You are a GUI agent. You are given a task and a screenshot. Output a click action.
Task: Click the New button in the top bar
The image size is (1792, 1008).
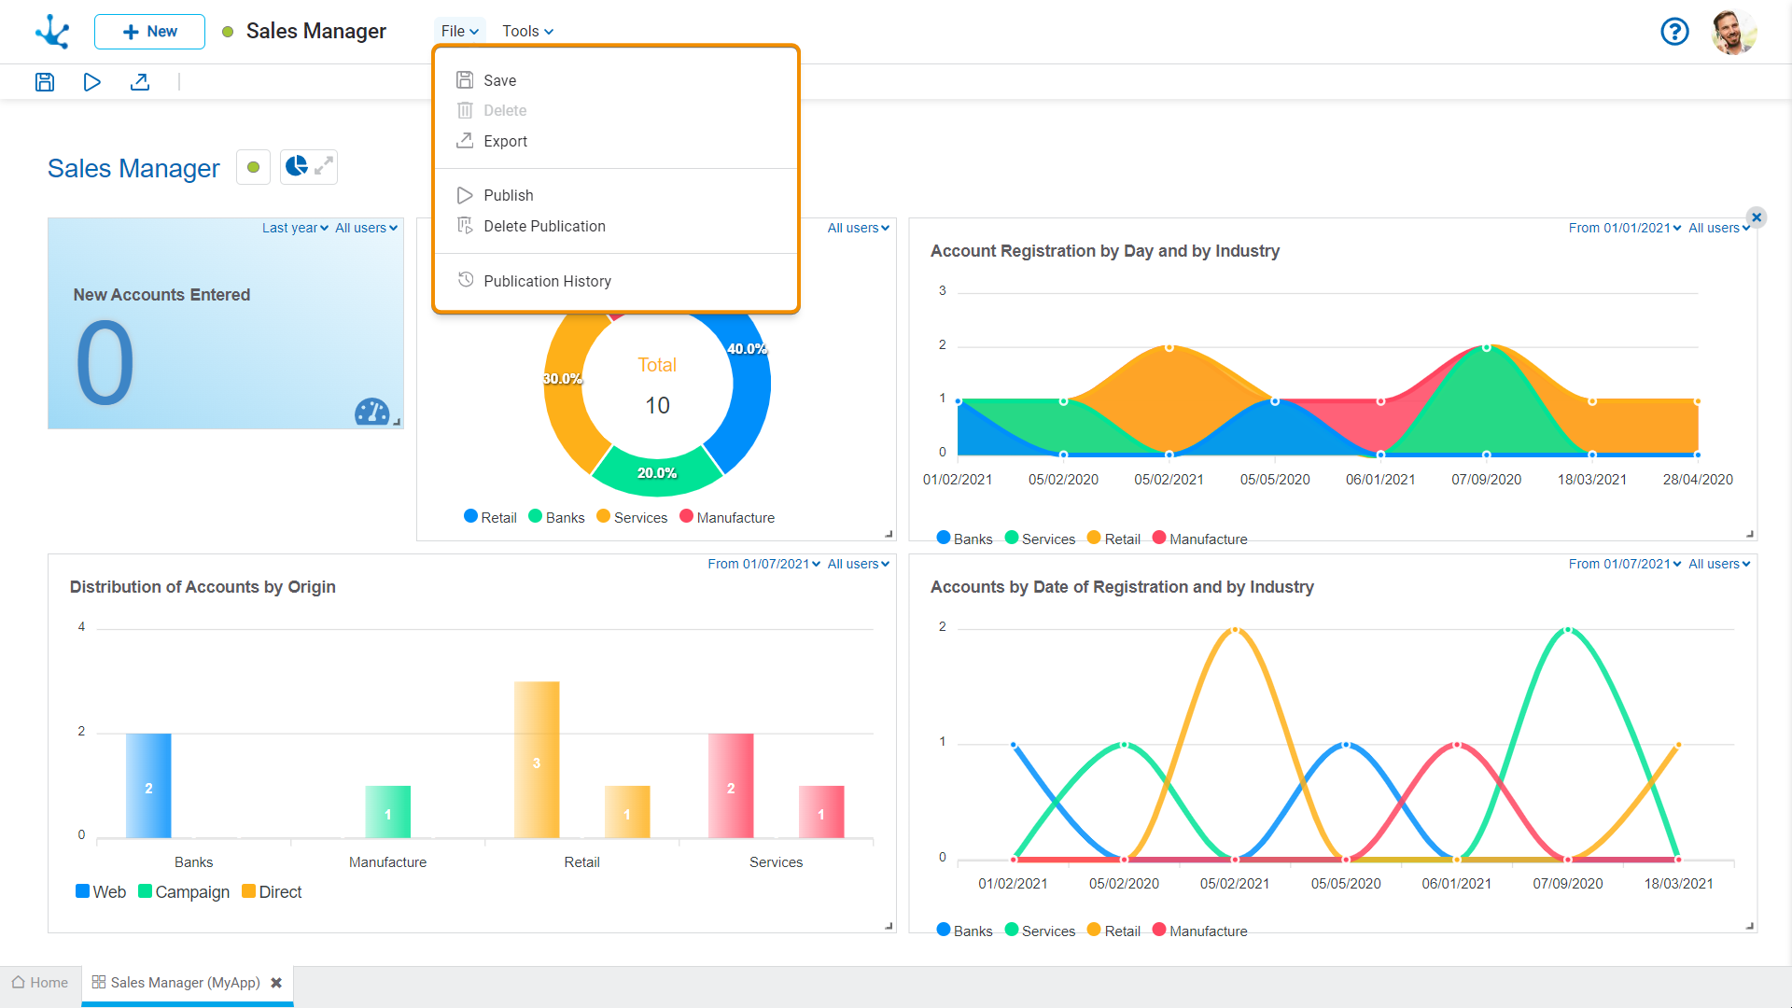(149, 32)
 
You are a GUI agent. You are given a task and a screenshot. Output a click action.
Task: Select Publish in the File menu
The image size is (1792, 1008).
(508, 195)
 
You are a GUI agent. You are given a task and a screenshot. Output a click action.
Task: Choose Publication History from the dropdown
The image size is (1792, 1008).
(547, 281)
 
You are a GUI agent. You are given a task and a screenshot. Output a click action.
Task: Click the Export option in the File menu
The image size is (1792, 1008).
(505, 141)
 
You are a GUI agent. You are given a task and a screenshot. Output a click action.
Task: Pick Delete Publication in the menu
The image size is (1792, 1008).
(544, 226)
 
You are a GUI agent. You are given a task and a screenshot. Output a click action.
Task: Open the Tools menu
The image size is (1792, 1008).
(527, 32)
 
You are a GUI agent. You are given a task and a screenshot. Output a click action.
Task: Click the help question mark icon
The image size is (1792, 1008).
(1674, 32)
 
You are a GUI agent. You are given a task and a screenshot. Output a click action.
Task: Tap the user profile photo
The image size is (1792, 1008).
(1734, 32)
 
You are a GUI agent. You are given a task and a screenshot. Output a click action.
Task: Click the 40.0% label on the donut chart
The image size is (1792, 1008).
(747, 349)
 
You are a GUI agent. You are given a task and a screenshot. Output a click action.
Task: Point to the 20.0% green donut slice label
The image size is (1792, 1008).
(657, 473)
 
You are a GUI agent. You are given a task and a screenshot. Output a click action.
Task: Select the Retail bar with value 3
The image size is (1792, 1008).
(537, 760)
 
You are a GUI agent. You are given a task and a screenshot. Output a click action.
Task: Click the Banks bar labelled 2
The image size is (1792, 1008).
(148, 786)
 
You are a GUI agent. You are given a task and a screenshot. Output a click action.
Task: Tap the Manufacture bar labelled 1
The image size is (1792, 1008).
(388, 812)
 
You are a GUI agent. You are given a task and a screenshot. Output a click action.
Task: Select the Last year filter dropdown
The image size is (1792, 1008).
(295, 228)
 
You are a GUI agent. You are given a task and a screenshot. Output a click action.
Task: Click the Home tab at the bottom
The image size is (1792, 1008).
(40, 983)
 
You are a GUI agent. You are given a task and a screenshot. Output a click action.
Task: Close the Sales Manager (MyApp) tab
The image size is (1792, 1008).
(276, 983)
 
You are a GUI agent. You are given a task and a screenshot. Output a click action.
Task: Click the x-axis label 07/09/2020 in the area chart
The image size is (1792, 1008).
(1486, 480)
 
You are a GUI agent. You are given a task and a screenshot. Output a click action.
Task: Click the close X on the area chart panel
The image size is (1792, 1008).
(1757, 217)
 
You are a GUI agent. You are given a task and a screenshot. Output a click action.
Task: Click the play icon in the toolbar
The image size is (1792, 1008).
(91, 82)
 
